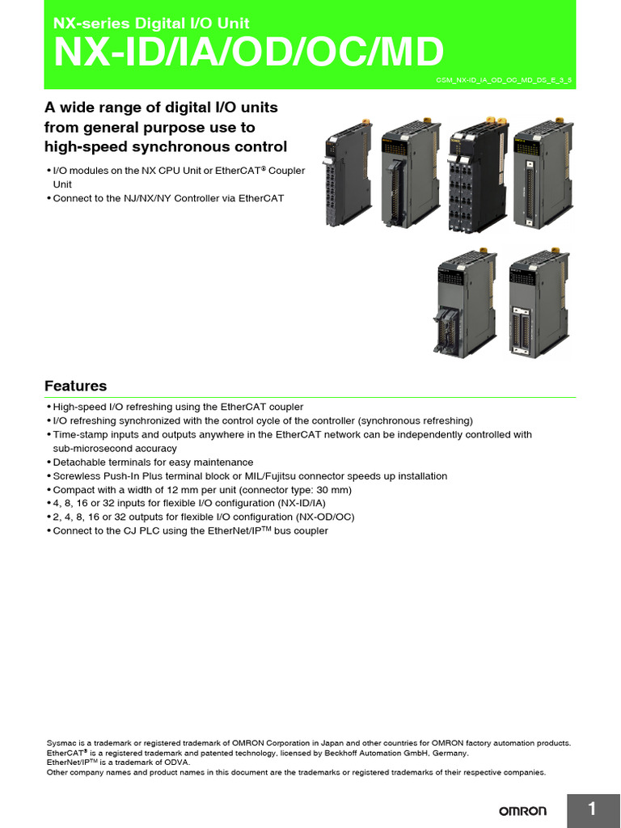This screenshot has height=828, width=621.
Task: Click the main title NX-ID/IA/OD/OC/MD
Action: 248,53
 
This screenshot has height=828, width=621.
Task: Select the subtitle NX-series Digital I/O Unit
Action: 151,23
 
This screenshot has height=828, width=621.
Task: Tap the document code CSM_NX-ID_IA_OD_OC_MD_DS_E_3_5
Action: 503,82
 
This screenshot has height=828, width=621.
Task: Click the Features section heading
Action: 75,386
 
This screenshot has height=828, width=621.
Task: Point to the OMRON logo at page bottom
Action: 522,810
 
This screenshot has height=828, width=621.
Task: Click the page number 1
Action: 593,809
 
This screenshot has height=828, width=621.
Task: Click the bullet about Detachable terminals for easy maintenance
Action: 152,462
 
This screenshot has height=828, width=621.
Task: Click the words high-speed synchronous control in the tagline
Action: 165,146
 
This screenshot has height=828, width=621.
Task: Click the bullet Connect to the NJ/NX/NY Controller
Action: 167,198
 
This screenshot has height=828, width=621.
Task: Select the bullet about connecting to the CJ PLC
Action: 189,530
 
